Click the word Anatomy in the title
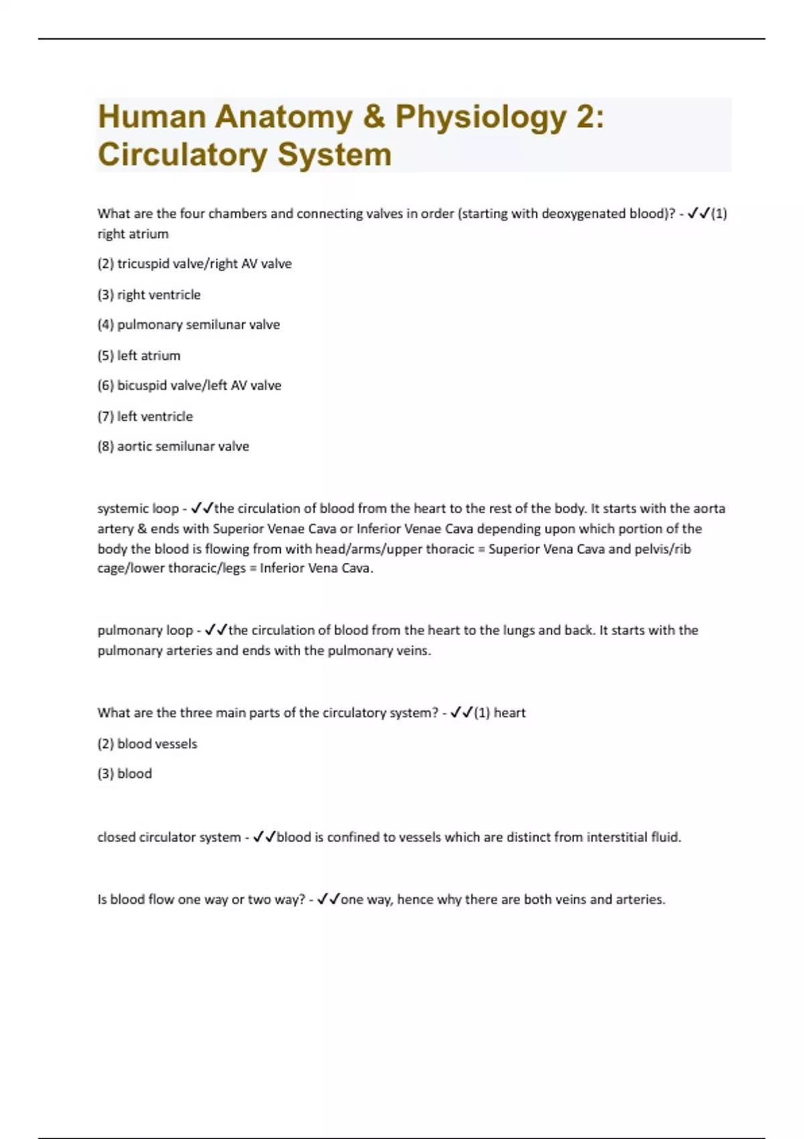point(283,117)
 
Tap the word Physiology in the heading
point(480,117)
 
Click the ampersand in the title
point(374,117)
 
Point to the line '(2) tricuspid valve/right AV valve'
point(194,264)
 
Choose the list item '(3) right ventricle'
point(149,295)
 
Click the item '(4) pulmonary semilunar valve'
point(188,325)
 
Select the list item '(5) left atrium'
point(139,356)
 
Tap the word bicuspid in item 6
point(141,386)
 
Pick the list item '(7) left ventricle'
point(145,417)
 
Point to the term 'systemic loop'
point(138,509)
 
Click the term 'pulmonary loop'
point(145,630)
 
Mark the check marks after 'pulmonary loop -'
point(216,630)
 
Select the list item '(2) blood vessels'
point(147,744)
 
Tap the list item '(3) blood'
point(125,774)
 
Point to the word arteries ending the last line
point(640,900)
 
